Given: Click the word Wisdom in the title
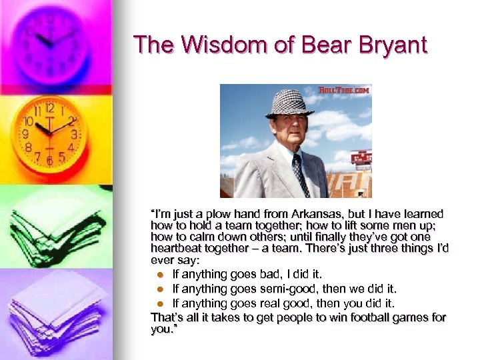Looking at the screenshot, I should click(207, 45).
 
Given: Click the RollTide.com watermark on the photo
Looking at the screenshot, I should click(344, 90).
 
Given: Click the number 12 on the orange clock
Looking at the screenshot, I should click(49, 109).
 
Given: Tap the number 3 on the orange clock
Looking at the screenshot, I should click(74, 134).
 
